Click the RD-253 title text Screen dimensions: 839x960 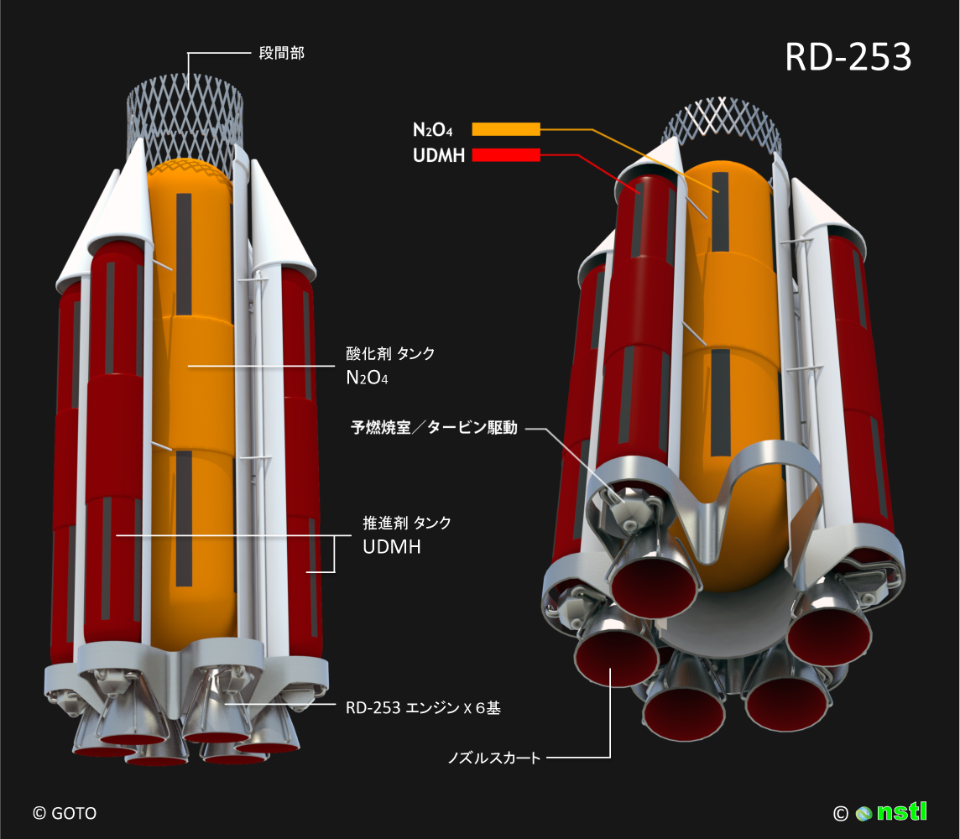848,58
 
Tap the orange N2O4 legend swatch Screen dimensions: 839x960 505,129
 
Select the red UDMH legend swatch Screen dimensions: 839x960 505,155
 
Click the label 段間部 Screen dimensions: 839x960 280,54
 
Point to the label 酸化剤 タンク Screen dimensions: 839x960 390,354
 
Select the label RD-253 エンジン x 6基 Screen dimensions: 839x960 423,708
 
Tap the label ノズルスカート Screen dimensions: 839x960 494,758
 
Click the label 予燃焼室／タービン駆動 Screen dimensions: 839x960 434,428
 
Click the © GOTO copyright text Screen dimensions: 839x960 64,813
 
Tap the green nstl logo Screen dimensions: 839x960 902,812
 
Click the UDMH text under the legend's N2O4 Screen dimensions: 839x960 438,155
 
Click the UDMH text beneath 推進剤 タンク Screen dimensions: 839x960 391,547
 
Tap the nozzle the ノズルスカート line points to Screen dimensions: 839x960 614,659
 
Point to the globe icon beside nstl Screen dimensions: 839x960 864,813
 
